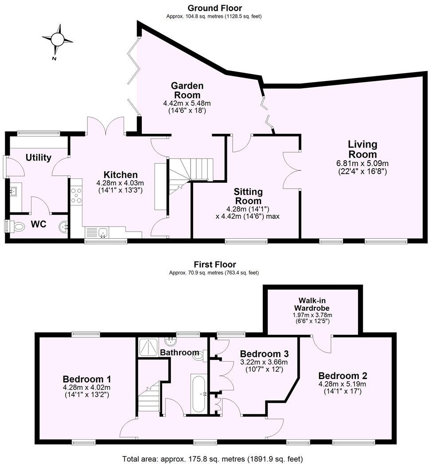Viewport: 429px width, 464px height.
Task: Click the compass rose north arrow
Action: click(57, 40)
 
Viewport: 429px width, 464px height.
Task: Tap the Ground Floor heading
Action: click(214, 8)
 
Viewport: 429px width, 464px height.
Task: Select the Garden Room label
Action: click(187, 90)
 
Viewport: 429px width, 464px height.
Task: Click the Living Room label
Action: click(362, 149)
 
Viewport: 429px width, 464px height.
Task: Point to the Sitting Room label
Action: click(248, 196)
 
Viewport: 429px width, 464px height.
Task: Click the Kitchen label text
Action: click(121, 174)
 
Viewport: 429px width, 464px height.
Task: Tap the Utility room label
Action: click(39, 157)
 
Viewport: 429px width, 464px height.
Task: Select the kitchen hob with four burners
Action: click(76, 196)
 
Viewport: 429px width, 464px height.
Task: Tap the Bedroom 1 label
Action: click(86, 379)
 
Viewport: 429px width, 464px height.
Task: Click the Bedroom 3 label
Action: click(264, 354)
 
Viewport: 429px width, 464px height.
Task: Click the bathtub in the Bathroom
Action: click(199, 393)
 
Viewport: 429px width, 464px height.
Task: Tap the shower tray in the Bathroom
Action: click(148, 348)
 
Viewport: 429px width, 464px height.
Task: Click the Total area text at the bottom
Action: click(212, 458)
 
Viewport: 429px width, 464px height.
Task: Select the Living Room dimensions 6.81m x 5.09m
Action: click(362, 163)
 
